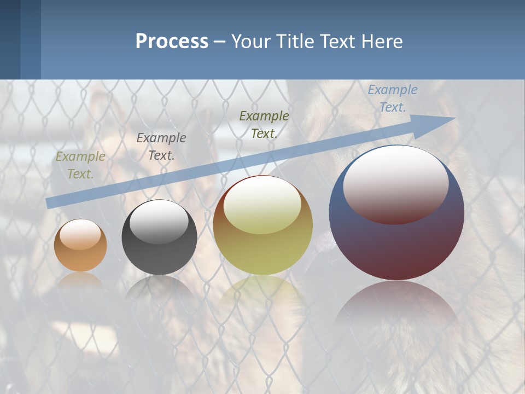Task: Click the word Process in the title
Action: (x=172, y=42)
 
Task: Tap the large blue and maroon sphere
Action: (x=396, y=241)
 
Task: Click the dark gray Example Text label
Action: (x=161, y=147)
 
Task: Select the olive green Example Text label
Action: (x=264, y=124)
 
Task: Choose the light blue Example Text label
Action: (x=393, y=99)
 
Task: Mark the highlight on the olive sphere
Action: (x=262, y=205)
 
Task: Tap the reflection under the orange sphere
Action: (x=80, y=280)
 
